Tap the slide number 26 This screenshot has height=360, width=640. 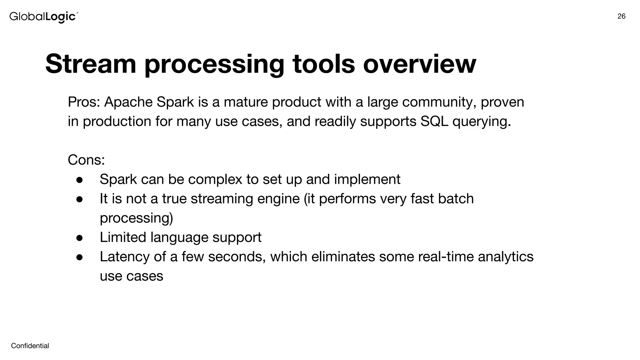point(621,17)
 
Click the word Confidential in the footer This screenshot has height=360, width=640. point(30,346)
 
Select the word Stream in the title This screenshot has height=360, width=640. point(91,64)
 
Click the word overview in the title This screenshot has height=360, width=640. point(419,64)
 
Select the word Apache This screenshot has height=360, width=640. point(128,102)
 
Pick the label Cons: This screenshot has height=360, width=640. point(86,160)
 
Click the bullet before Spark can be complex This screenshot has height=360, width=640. point(79,180)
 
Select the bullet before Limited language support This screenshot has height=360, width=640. point(79,238)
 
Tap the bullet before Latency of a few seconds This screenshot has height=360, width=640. point(79,257)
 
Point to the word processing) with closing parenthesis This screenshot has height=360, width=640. point(136,218)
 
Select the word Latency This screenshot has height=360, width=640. point(125,257)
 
